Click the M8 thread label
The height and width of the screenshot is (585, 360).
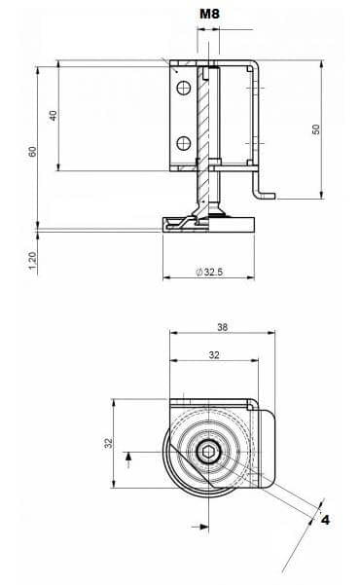coord(209,14)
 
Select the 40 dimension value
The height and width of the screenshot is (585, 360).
coord(54,115)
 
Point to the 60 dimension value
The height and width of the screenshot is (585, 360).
coord(33,152)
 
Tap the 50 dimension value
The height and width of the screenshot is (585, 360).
coord(315,129)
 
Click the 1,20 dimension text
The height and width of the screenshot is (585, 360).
coord(33,260)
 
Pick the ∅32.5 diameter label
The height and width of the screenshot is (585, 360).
coord(209,272)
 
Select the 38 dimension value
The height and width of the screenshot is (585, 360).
coord(223,327)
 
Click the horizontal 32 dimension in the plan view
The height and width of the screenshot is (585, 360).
coord(214,355)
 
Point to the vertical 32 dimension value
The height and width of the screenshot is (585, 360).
coord(108,443)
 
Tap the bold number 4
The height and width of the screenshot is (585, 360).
coord(326,520)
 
